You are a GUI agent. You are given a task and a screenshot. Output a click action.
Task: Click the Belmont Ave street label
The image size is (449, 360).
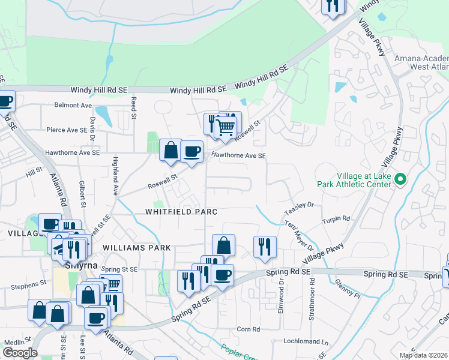click(73, 105)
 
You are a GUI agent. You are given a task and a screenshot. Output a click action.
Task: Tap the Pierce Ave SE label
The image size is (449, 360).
click(67, 130)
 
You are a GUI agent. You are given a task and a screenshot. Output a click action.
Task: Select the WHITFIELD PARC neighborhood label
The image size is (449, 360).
click(181, 212)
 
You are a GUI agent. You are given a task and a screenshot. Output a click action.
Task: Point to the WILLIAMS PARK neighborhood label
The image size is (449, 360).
click(136, 247)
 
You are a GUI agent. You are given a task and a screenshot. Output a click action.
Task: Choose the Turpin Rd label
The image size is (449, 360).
click(339, 219)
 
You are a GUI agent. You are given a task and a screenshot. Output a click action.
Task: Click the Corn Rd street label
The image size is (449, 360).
click(248, 329)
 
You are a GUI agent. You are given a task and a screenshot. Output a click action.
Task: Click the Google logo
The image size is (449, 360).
click(20, 353)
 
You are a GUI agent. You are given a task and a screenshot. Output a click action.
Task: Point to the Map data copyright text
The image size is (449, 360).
click(423, 355)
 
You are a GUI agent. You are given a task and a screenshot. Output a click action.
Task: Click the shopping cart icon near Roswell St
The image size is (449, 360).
click(225, 127)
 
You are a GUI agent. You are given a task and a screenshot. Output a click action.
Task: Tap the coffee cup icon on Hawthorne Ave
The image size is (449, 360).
click(191, 151)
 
